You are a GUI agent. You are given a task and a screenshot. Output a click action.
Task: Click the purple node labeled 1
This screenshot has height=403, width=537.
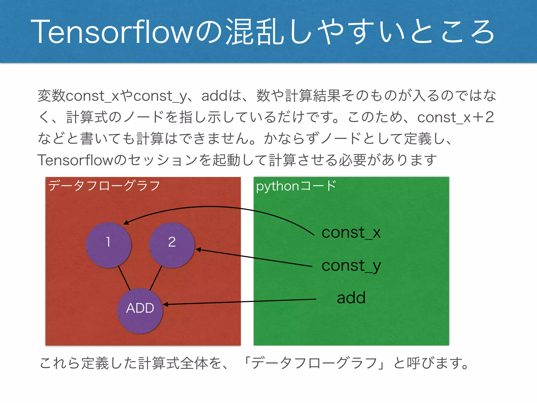[x=108, y=245]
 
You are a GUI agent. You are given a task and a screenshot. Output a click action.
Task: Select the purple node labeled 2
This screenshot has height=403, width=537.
[x=172, y=245]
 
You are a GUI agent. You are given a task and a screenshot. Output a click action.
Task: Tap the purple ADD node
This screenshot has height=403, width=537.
[x=140, y=311]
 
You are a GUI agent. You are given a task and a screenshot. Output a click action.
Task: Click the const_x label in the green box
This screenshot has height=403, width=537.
[x=351, y=232]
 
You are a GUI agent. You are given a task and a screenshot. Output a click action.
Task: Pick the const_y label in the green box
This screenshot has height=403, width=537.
[x=351, y=266]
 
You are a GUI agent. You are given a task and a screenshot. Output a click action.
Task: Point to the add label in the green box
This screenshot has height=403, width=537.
[x=351, y=298]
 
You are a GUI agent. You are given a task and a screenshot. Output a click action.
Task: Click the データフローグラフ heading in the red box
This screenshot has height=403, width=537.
[x=104, y=186]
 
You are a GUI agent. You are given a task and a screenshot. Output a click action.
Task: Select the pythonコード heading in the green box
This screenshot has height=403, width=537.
[x=296, y=186]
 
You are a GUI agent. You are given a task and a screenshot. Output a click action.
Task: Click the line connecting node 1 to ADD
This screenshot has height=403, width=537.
[x=124, y=278]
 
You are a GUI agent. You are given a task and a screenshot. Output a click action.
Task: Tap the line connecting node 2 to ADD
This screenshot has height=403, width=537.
[x=156, y=278]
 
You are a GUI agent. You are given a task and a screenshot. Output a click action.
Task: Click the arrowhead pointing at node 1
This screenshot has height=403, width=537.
[x=126, y=223]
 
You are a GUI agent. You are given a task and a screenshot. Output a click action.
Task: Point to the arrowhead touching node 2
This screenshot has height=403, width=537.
[x=198, y=250]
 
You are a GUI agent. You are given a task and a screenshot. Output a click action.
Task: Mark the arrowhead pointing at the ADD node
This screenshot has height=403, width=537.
[x=165, y=304]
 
